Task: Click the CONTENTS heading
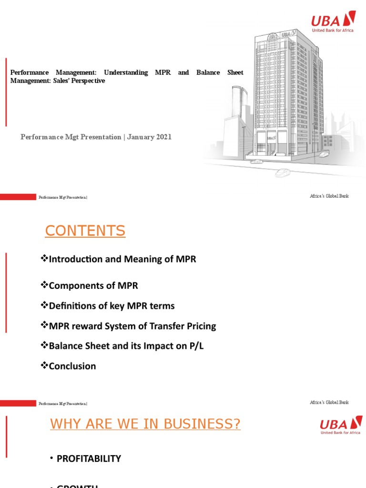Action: click(85, 231)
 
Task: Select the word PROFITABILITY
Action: click(89, 458)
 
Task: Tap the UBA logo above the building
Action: click(333, 22)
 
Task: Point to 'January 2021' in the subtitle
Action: click(149, 137)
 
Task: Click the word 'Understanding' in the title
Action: click(126, 72)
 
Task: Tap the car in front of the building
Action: click(282, 172)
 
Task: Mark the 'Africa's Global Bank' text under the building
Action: click(329, 196)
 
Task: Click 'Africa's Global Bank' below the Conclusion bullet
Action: click(329, 403)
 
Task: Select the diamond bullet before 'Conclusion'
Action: click(45, 366)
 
